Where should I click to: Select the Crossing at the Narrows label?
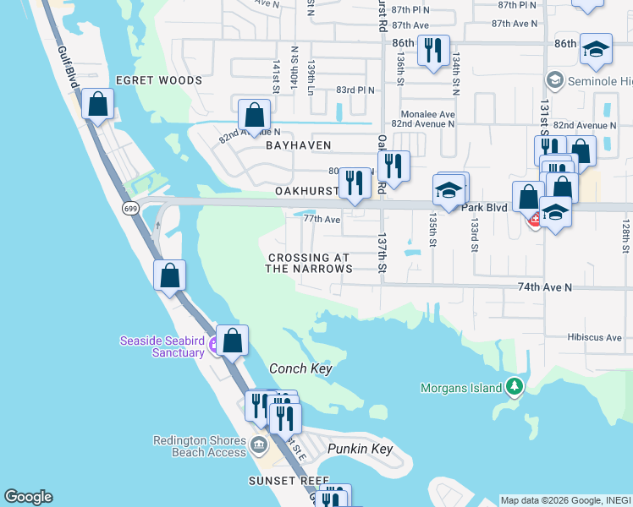[308, 263]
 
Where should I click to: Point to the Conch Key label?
[300, 369]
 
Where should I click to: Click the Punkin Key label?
[361, 449]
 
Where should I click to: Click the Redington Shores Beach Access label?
[200, 446]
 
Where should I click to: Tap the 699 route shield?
[129, 208]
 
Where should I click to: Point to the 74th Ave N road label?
[545, 287]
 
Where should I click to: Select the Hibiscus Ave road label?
[596, 337]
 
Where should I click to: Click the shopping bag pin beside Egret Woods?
[99, 106]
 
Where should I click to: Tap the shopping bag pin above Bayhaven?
[254, 115]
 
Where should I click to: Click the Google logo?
[28, 497]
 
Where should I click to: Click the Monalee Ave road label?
[427, 114]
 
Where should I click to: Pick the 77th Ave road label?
[322, 220]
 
